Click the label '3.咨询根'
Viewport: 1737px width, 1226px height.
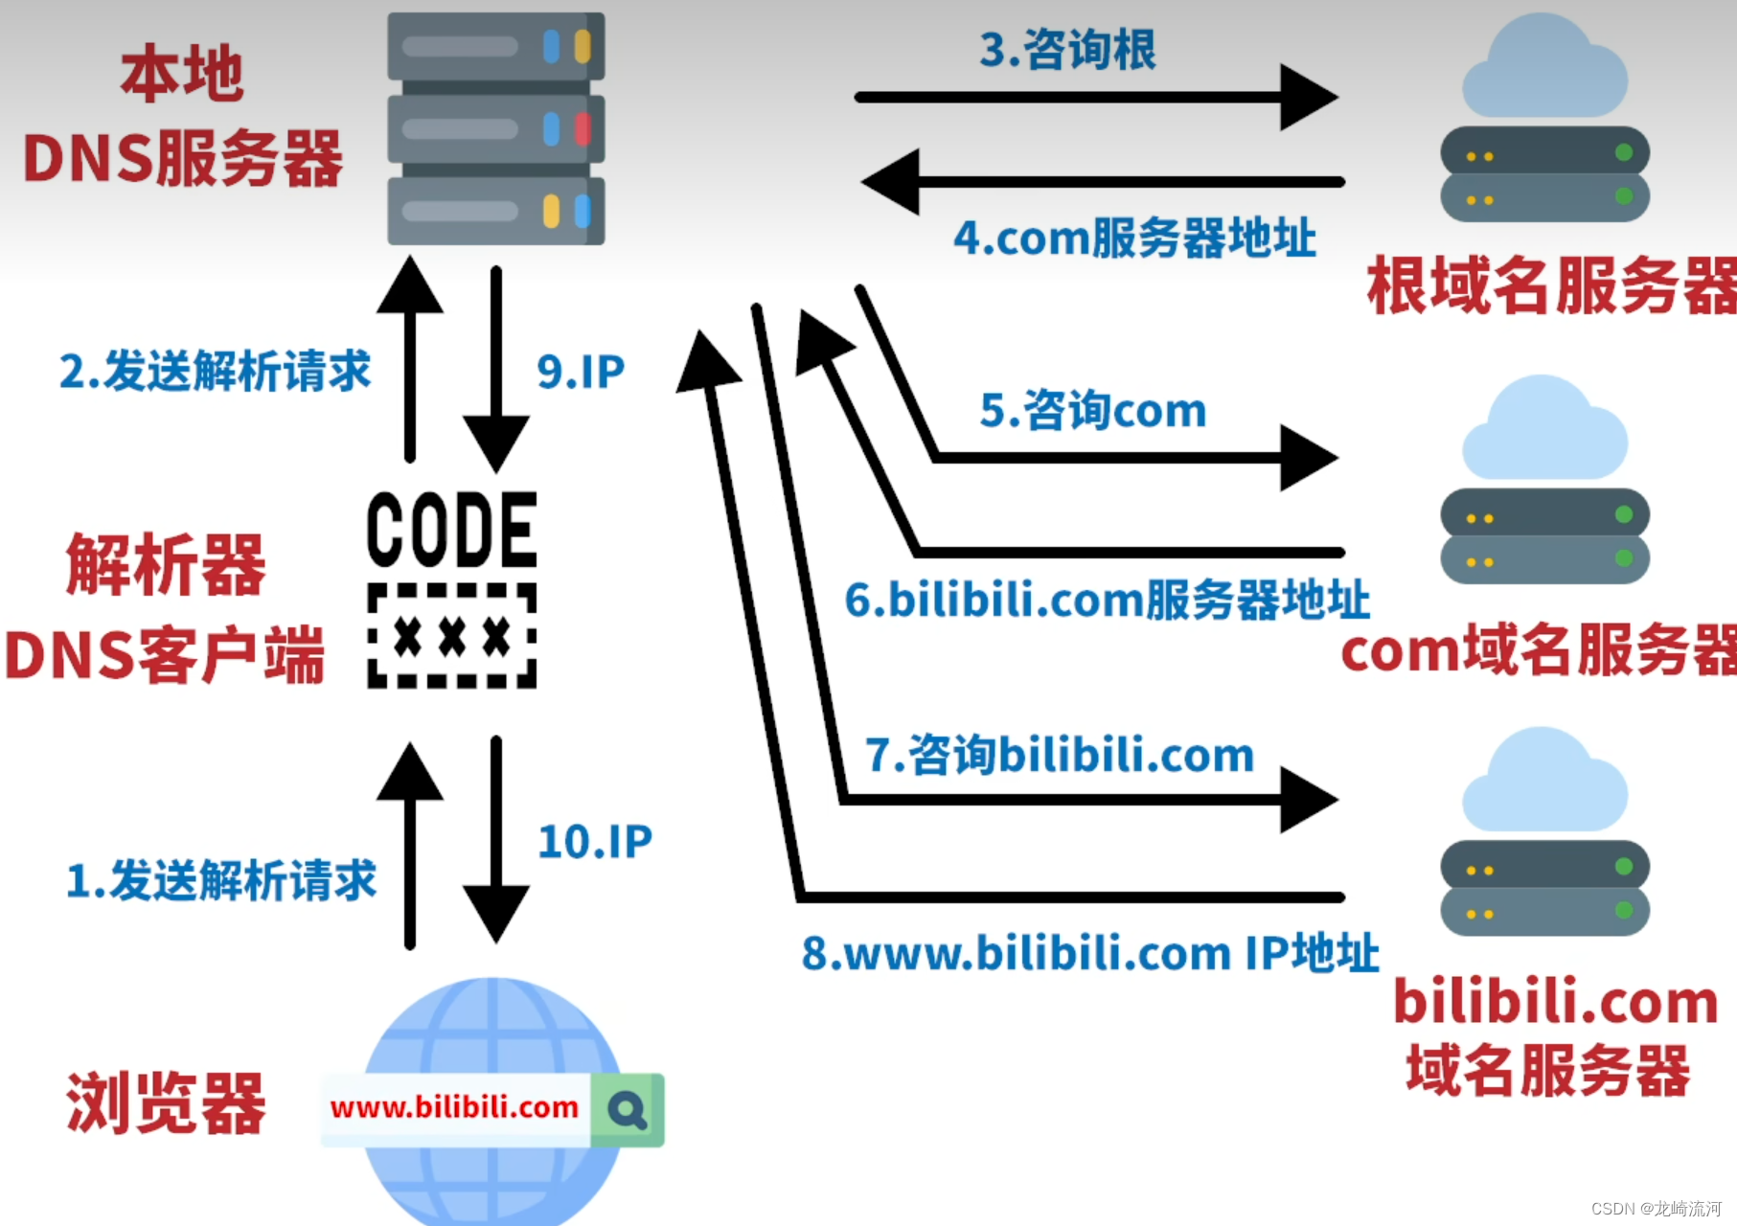(1067, 50)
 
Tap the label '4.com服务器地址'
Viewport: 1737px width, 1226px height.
(1134, 238)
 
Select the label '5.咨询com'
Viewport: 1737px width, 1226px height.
(1092, 410)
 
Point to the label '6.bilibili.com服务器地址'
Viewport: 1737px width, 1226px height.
(1107, 600)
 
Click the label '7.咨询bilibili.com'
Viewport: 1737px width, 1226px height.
(1060, 755)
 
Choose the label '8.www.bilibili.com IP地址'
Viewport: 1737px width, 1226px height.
(1090, 953)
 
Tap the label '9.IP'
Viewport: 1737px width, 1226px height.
(581, 372)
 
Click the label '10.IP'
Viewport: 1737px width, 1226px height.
(595, 842)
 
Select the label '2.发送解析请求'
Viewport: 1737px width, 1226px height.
(215, 372)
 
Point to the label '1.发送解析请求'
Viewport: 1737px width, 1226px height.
(221, 880)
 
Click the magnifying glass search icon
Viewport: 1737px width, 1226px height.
(628, 1110)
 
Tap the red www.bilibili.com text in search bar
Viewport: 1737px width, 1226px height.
(454, 1108)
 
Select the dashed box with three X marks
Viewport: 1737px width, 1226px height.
(452, 636)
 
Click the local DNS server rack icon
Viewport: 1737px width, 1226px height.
(495, 128)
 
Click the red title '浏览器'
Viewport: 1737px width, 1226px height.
(165, 1103)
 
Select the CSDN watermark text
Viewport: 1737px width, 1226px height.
(1656, 1208)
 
